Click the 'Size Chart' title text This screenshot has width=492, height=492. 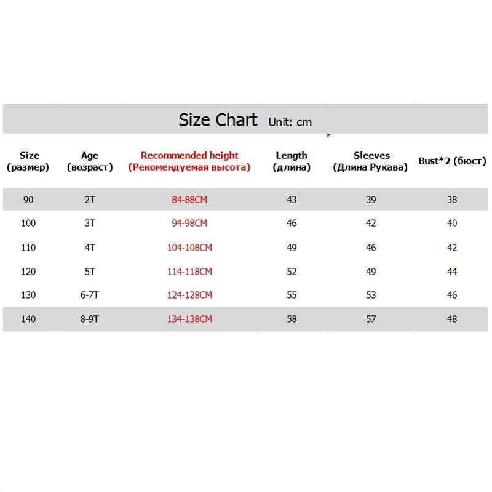click(x=218, y=119)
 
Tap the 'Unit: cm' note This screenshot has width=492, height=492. click(x=290, y=122)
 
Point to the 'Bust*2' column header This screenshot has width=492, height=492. click(x=453, y=161)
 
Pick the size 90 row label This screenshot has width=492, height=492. click(x=28, y=200)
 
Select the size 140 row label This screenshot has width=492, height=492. click(x=28, y=319)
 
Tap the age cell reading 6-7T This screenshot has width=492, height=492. click(x=90, y=295)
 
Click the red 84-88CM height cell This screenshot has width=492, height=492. click(x=189, y=200)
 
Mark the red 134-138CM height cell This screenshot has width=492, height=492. click(x=189, y=319)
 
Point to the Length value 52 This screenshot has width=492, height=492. click(x=292, y=272)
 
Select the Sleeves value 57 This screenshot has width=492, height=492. click(x=371, y=319)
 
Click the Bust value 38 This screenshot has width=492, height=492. click(x=453, y=200)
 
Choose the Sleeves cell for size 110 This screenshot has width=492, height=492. click(x=371, y=248)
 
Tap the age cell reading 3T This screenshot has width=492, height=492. click(x=90, y=223)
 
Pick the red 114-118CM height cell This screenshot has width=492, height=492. click(x=189, y=272)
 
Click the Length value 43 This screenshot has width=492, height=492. click(x=292, y=200)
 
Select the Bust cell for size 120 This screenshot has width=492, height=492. click(x=453, y=272)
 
